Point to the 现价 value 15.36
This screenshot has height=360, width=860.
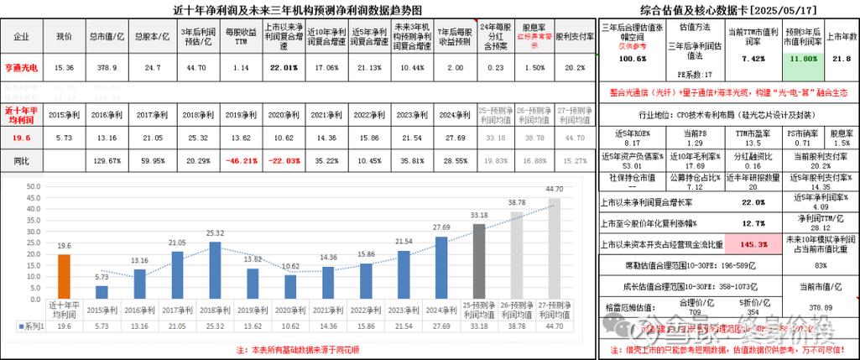65,68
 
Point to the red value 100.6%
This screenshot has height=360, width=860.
633,60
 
